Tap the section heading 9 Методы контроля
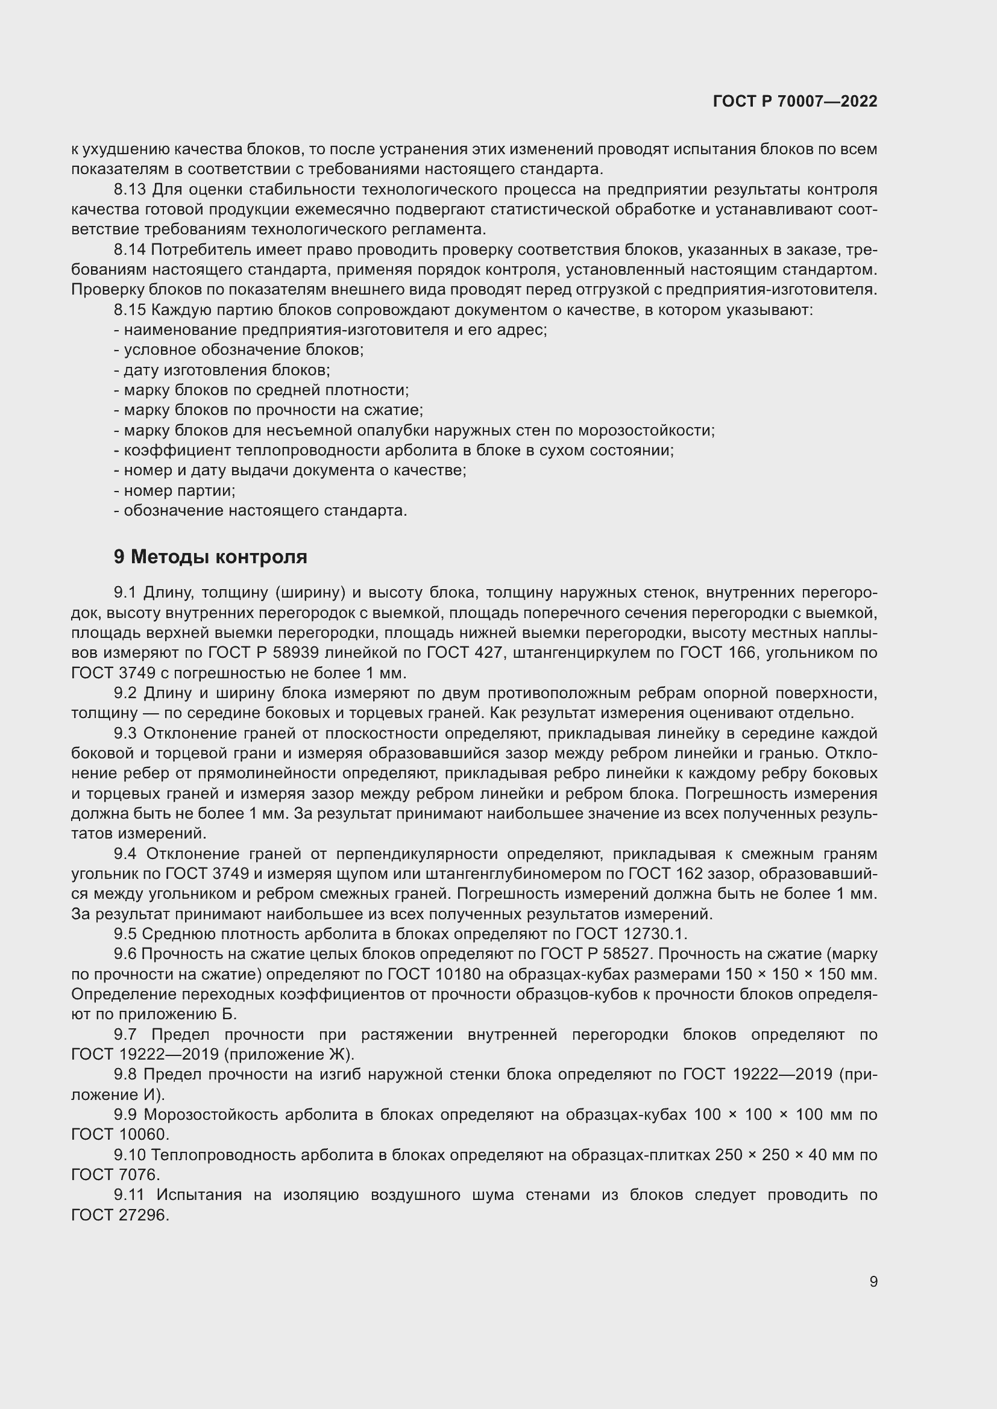210,557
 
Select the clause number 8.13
130,190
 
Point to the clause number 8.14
130,250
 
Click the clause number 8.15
130,310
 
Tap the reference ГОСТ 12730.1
631,934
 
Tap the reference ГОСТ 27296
120,1215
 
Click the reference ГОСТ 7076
115,1175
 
